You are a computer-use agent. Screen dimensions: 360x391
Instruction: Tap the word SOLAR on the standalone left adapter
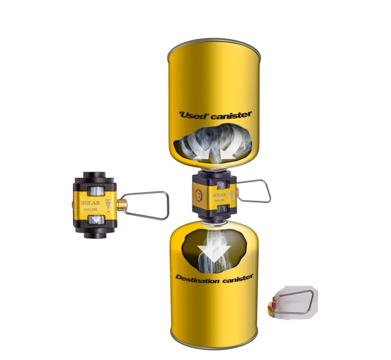coord(91,203)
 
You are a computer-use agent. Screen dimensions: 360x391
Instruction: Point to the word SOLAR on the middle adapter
coord(220,195)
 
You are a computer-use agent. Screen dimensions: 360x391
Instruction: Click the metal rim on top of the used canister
coord(214,42)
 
